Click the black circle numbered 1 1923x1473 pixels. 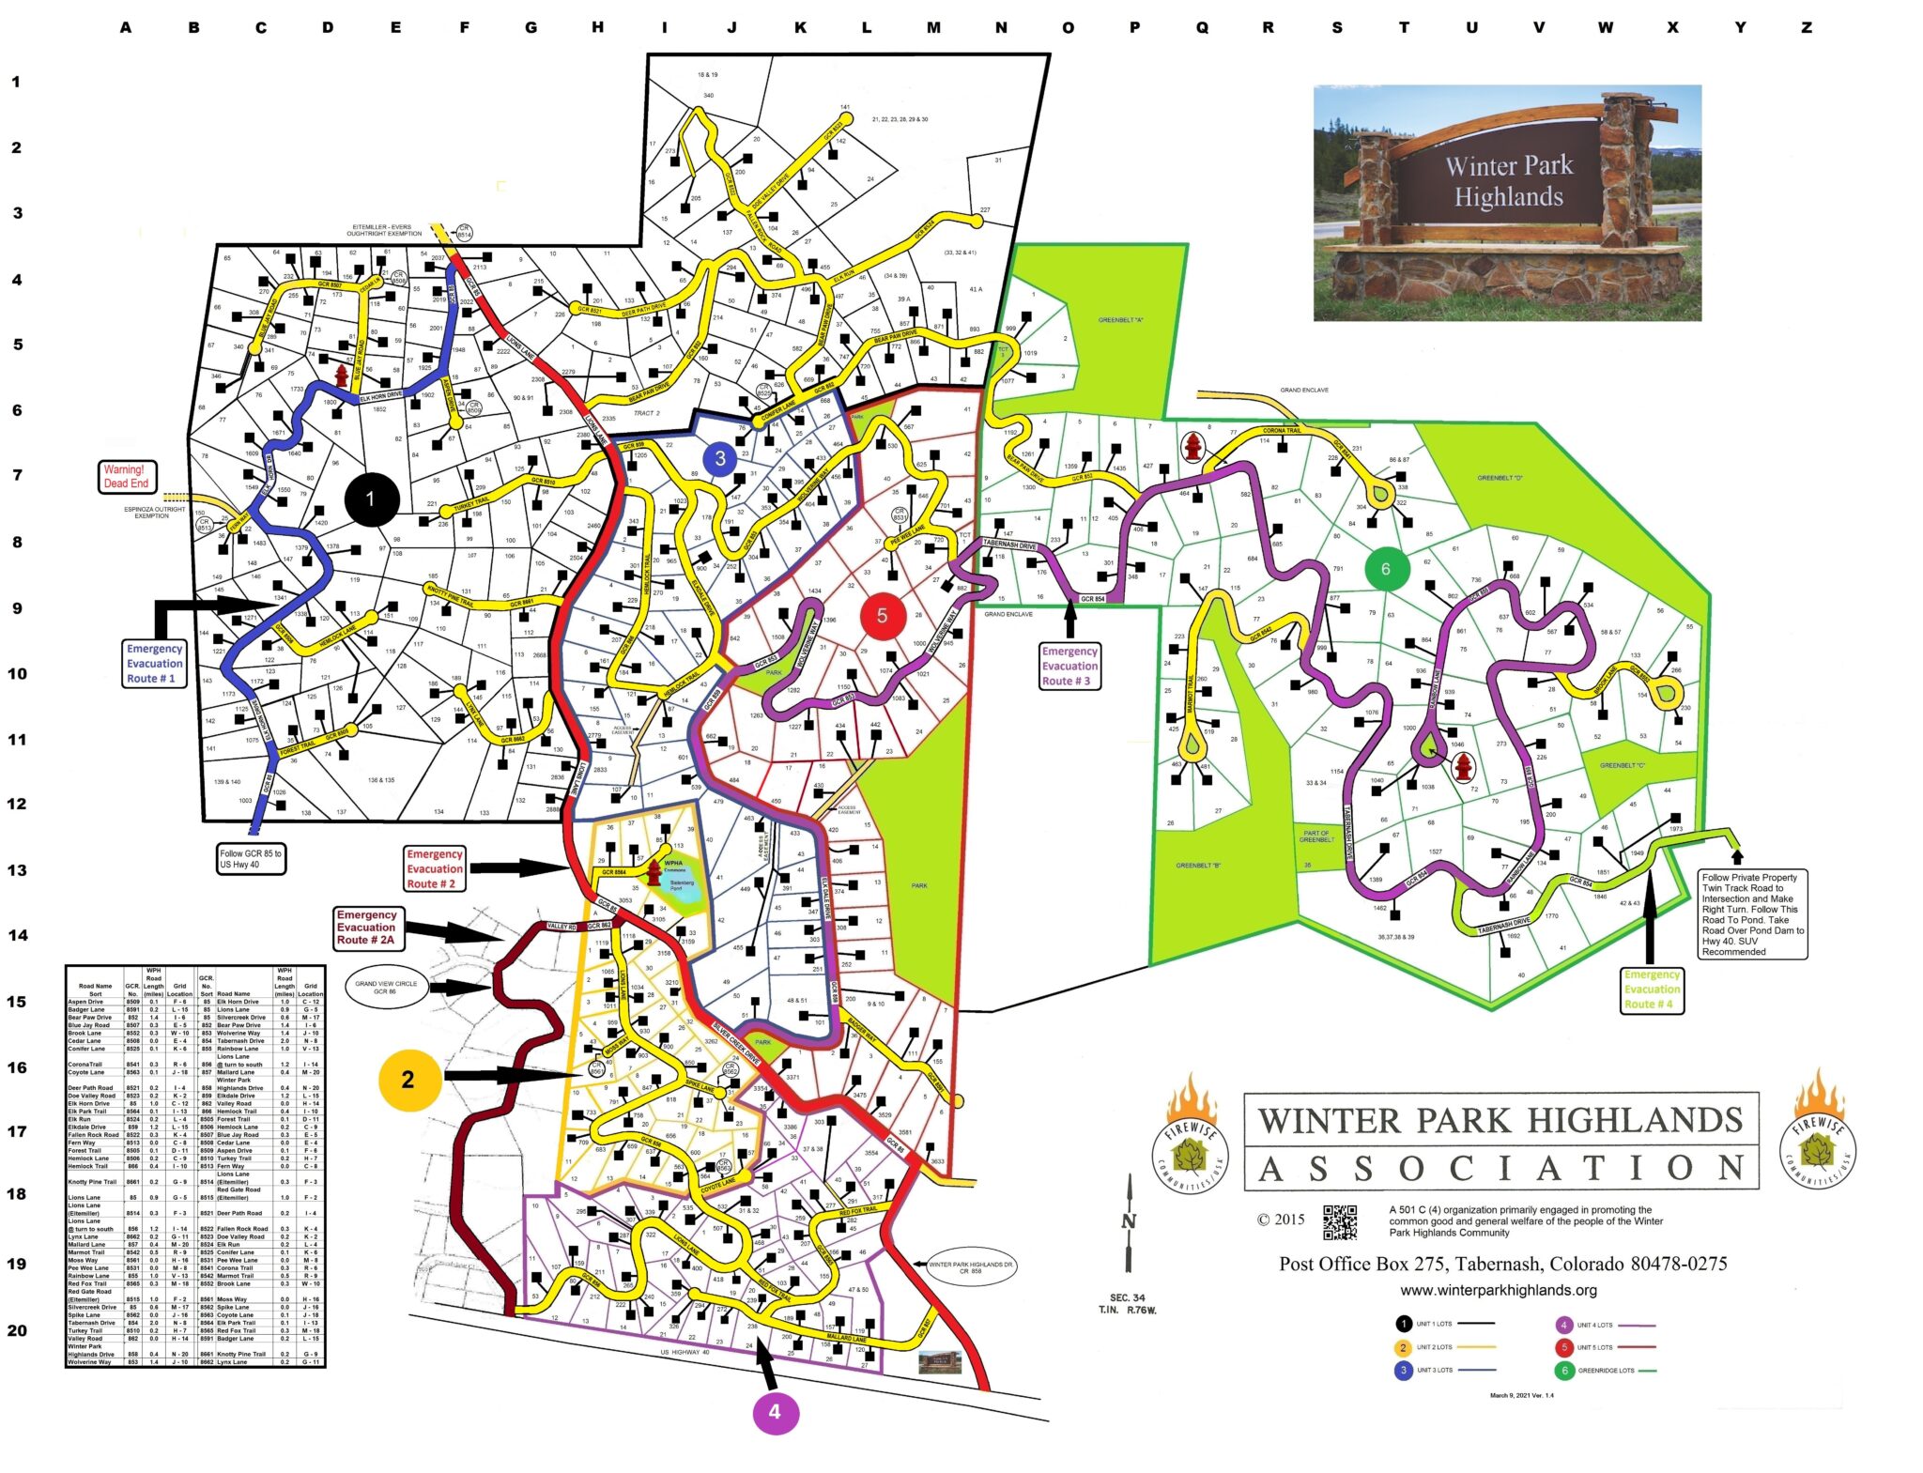click(x=370, y=499)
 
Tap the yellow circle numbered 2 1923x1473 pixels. click(x=408, y=1080)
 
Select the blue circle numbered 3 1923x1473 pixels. click(x=720, y=458)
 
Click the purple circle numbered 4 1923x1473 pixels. click(x=775, y=1411)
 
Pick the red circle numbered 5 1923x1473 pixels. click(x=882, y=616)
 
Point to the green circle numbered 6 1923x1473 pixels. click(x=1385, y=569)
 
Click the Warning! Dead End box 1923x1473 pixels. click(x=126, y=476)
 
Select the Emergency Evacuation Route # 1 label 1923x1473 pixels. click(x=155, y=663)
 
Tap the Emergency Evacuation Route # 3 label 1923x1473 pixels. click(x=1069, y=666)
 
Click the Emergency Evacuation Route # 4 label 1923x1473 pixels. click(x=1652, y=990)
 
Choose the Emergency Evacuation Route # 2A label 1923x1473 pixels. click(x=366, y=927)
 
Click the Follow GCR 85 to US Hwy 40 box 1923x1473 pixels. click(x=252, y=858)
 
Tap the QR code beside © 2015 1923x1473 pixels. click(x=1340, y=1221)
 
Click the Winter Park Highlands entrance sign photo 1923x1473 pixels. click(x=1506, y=203)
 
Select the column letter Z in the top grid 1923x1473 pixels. click(x=1806, y=27)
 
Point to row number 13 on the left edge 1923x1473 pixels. click(x=17, y=869)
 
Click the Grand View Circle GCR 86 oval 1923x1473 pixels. click(x=386, y=988)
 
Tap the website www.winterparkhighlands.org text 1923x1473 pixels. click(x=1498, y=1290)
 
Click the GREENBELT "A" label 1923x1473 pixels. click(x=1120, y=320)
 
